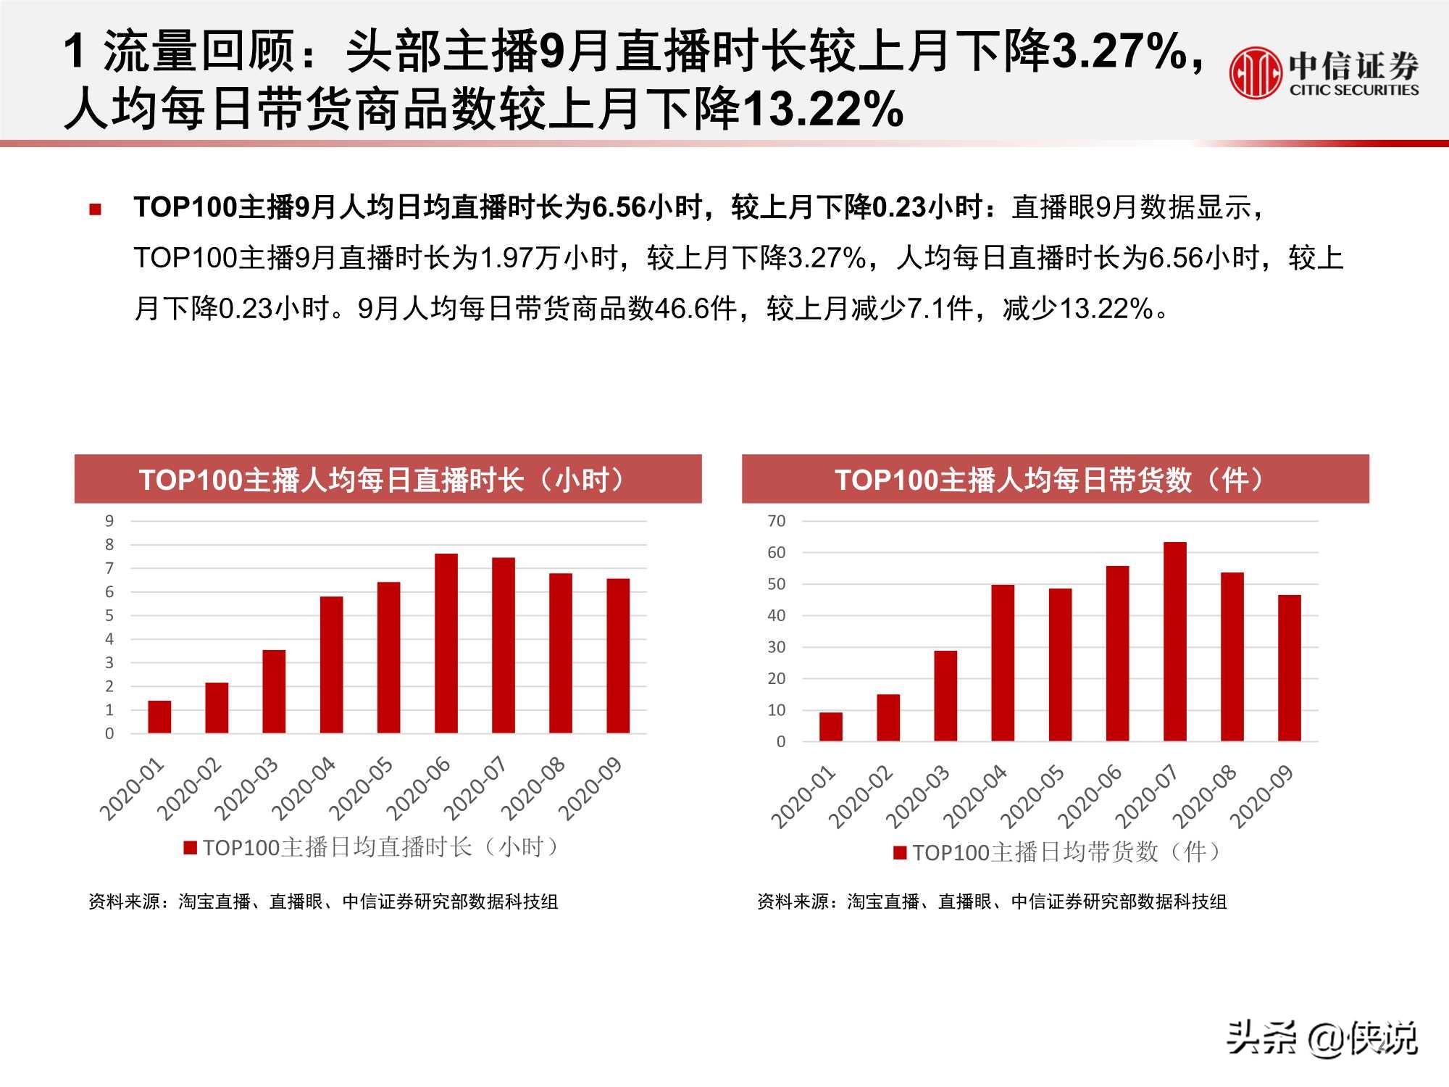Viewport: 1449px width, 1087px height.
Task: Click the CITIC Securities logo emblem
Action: click(x=1255, y=72)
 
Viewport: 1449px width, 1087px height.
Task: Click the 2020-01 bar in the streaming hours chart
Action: click(x=159, y=717)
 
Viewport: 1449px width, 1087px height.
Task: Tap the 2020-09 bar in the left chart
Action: click(x=618, y=656)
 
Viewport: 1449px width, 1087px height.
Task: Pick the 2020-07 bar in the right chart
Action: click(x=1174, y=641)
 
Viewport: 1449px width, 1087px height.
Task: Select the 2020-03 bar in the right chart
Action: click(x=945, y=696)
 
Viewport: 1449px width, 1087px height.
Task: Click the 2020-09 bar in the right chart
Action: click(x=1289, y=667)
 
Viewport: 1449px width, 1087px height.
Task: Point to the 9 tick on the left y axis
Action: click(x=109, y=521)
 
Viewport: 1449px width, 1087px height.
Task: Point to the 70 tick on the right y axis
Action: click(x=776, y=521)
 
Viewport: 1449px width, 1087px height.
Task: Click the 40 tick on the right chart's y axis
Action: click(x=776, y=616)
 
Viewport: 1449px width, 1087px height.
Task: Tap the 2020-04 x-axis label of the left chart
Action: click(x=304, y=788)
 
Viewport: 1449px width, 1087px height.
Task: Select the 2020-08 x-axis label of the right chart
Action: click(x=1205, y=796)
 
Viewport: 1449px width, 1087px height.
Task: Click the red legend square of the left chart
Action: click(x=191, y=847)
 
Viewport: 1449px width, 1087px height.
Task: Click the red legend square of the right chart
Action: click(x=900, y=852)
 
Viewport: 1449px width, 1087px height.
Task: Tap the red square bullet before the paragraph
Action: click(x=95, y=209)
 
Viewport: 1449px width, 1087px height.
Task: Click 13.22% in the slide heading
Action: click(x=822, y=109)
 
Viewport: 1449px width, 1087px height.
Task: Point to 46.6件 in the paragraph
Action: click(x=695, y=309)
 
